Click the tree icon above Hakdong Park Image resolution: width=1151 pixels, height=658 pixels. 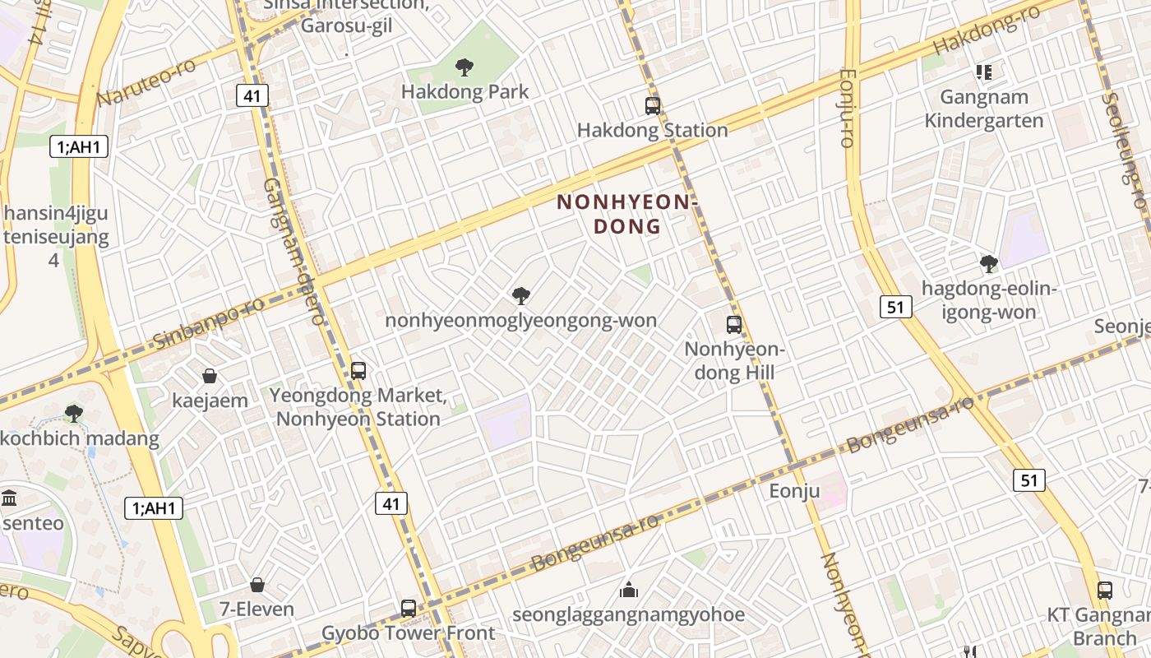[465, 67]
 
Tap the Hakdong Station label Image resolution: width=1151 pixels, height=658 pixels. [652, 130]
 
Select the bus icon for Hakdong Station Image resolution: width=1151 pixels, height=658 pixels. [653, 106]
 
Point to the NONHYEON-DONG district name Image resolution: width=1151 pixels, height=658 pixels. [626, 214]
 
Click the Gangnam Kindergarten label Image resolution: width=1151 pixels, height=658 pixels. [983, 109]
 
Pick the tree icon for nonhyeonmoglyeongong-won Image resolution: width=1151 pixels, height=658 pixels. [520, 295]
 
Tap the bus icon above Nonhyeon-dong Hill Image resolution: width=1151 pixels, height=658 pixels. [734, 325]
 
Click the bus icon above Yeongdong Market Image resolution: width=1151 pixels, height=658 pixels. [358, 371]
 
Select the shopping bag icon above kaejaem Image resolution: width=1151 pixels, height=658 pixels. [210, 376]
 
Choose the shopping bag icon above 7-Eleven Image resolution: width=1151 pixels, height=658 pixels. [257, 585]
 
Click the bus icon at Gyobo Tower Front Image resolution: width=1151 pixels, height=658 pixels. [409, 609]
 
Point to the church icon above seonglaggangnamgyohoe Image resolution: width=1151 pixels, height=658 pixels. [629, 590]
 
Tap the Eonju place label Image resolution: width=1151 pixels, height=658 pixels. [794, 491]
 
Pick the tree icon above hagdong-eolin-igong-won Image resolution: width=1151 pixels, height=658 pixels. [989, 264]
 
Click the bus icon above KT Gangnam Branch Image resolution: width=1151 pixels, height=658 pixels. [1105, 591]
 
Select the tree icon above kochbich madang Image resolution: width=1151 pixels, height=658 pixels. [74, 413]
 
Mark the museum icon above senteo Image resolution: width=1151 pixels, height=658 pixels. [10, 498]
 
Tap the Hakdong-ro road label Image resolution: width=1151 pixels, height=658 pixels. [986, 30]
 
